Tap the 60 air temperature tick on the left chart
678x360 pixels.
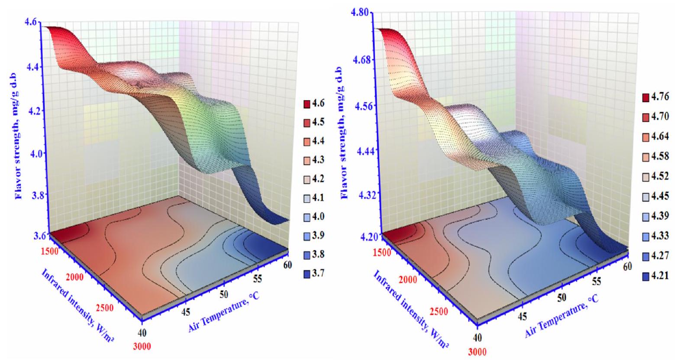pos(285,263)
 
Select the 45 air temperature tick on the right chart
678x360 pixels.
pos(523,316)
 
